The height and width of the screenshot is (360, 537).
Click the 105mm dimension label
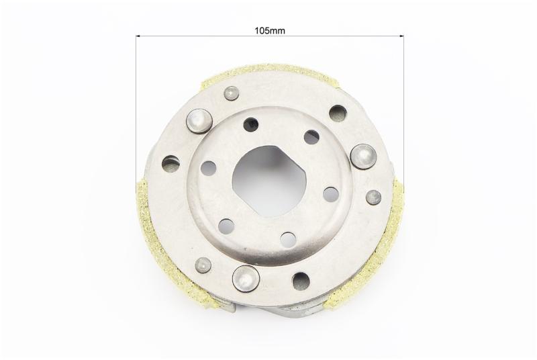tap(270, 30)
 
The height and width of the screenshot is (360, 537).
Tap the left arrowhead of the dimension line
tap(138, 36)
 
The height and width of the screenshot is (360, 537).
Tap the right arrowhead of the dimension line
tap(401, 36)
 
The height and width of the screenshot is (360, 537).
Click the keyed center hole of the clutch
tap(270, 181)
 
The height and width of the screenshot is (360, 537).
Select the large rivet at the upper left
tap(199, 121)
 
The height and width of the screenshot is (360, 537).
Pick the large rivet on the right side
tap(363, 156)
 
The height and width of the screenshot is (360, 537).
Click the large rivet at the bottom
tap(245, 278)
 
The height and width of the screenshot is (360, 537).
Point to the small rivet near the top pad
tap(231, 93)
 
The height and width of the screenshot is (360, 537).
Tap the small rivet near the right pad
tap(373, 197)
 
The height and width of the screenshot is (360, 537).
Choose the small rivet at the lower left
tap(203, 265)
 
